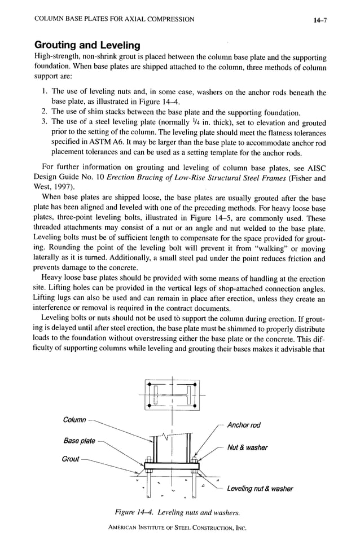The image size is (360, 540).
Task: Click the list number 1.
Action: (x=45, y=91)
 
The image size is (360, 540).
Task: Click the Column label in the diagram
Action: (x=74, y=420)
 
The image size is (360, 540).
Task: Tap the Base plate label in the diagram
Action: (x=79, y=441)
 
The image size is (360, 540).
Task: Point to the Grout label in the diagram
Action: (x=71, y=459)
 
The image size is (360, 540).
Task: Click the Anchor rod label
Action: (x=243, y=425)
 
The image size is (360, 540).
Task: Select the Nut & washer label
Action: (x=247, y=447)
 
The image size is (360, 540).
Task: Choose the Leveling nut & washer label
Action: (x=260, y=489)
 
